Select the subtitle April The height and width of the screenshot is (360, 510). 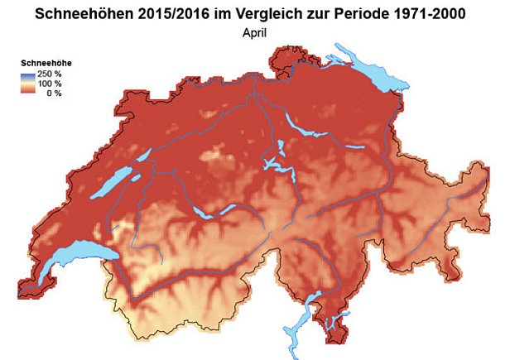pyautogui.click(x=255, y=33)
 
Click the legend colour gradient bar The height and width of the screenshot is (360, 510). pyautogui.click(x=26, y=83)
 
